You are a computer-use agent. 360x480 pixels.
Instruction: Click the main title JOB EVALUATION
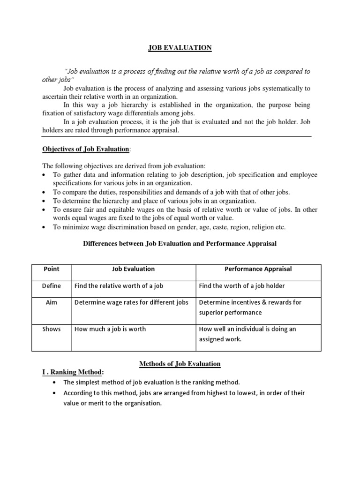[180, 48]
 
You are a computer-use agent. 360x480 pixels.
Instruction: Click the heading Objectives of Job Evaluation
[85, 149]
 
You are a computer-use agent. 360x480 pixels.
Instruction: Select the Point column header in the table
[52, 269]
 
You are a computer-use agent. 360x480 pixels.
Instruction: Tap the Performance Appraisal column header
[259, 269]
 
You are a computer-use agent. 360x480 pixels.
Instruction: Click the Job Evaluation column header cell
[133, 269]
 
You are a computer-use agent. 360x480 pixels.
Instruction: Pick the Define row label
[52, 286]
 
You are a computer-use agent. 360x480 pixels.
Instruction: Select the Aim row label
[52, 302]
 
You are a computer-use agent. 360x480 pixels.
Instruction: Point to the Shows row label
[52, 329]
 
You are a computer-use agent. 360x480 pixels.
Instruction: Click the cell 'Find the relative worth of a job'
[119, 286]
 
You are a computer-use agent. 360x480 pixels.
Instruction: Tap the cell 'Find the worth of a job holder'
[242, 286]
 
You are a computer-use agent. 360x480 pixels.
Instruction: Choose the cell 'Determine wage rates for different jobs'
[131, 302]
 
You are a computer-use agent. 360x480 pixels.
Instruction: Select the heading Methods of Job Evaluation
[180, 364]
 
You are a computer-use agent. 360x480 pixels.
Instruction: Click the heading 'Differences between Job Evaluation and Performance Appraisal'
[180, 243]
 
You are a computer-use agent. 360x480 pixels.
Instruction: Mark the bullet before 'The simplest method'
[56, 382]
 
